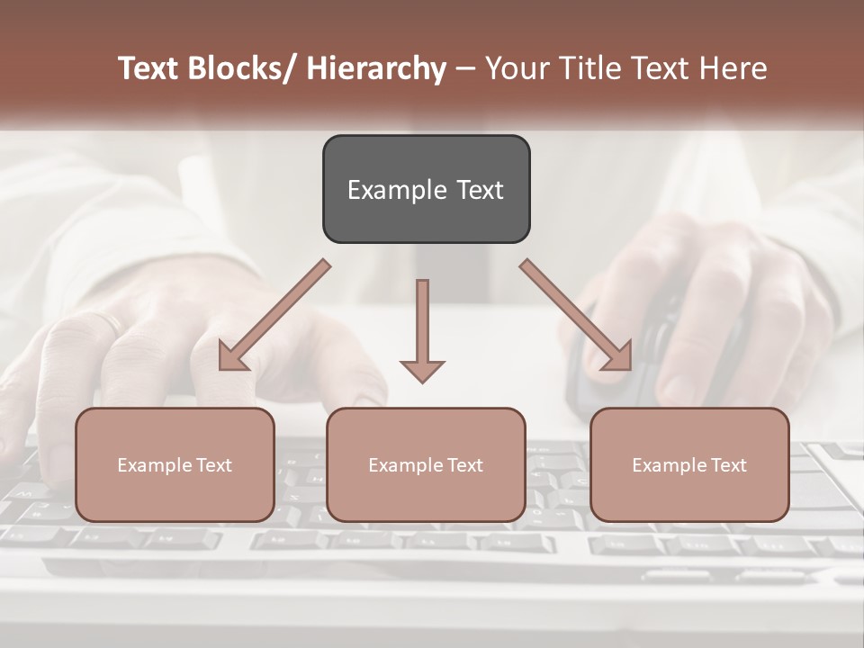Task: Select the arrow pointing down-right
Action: (576, 315)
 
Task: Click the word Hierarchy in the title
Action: (376, 68)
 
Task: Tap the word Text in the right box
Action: (727, 465)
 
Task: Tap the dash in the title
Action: (465, 68)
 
